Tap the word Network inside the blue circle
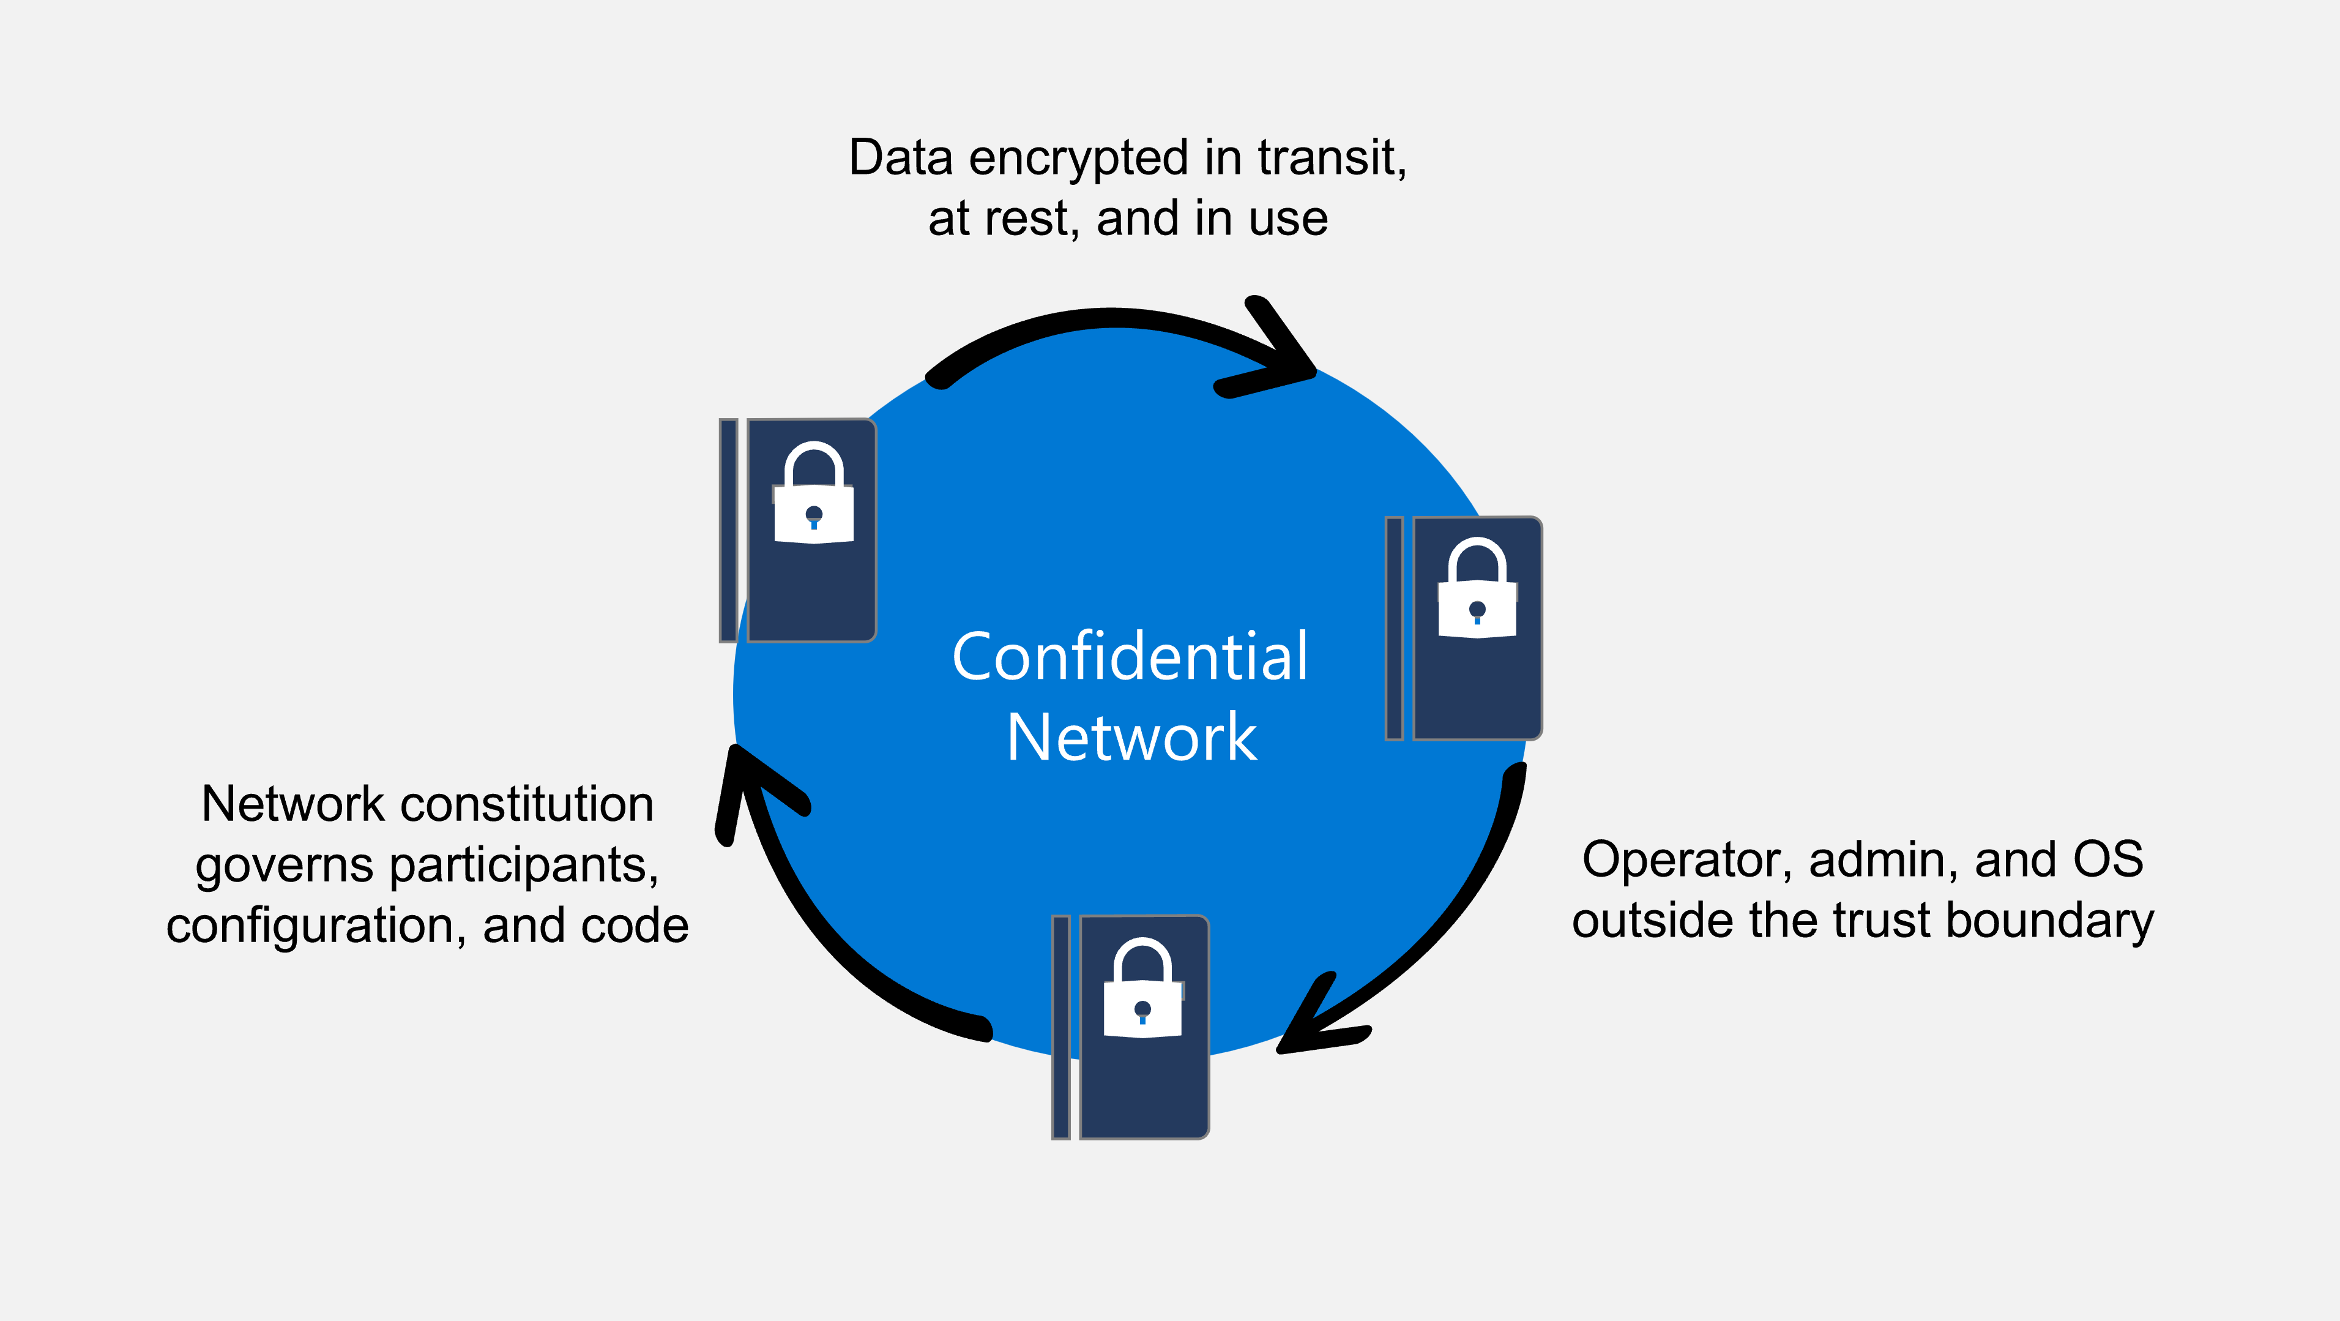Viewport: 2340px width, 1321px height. click(x=1132, y=737)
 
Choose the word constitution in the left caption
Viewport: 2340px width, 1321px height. click(x=527, y=804)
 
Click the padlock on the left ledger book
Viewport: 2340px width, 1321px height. click(x=813, y=495)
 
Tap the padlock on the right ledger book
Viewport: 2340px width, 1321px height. click(x=1477, y=591)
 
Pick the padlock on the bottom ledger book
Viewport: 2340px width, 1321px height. click(x=1142, y=990)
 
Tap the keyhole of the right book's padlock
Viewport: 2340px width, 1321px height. click(x=1477, y=610)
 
